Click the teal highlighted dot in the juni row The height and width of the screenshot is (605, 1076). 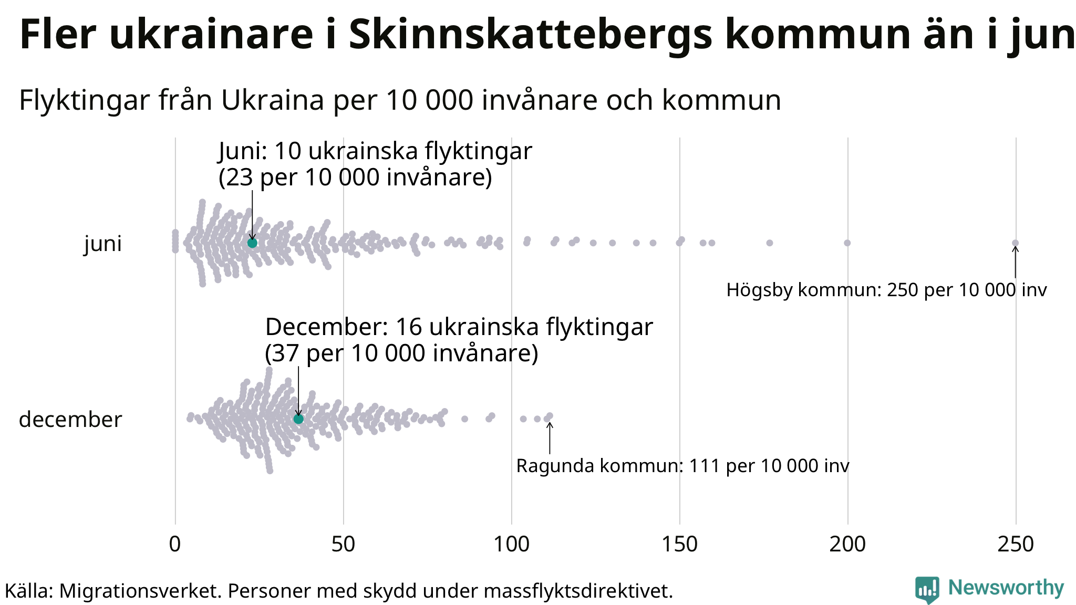[x=252, y=243]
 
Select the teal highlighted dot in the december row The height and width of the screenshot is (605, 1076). [x=298, y=419]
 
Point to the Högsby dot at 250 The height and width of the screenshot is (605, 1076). [x=1015, y=243]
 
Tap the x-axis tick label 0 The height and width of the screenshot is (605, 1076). [x=175, y=544]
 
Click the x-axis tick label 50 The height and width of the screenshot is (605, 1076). [x=343, y=544]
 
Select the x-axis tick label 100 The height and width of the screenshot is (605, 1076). [x=511, y=544]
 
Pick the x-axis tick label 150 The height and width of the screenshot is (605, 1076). [x=679, y=544]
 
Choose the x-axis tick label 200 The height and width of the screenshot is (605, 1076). [x=847, y=544]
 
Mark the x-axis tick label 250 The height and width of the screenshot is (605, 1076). [x=1016, y=544]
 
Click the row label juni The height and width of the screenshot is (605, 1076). [x=103, y=244]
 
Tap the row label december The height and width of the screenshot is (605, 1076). [x=70, y=420]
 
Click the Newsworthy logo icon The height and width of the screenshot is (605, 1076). [x=927, y=589]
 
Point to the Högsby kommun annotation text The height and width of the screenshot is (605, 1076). [x=886, y=290]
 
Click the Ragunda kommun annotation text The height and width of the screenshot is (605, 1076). [x=682, y=466]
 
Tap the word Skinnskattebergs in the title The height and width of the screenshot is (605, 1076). [x=531, y=35]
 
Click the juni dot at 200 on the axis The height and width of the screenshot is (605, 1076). [x=847, y=243]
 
